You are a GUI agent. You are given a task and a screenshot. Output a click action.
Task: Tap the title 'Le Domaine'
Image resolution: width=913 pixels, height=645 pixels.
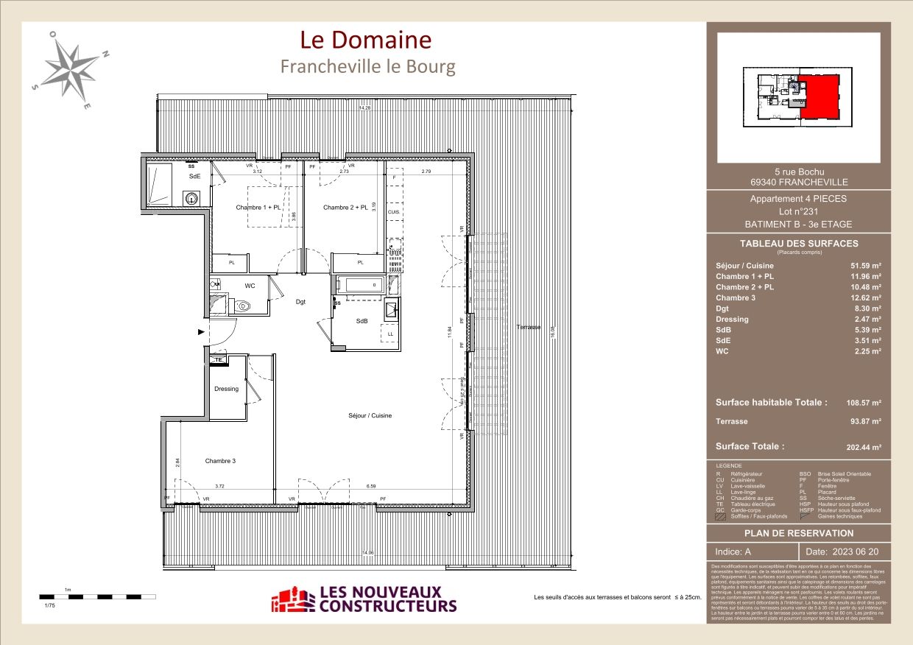point(366,40)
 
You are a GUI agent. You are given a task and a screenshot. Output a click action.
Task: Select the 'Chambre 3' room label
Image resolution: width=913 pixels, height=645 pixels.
point(220,461)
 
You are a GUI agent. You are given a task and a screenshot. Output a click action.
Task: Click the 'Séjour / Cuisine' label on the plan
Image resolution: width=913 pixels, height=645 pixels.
point(370,416)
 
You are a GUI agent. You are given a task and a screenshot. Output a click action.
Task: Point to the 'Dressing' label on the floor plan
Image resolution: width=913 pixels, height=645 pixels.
point(226,389)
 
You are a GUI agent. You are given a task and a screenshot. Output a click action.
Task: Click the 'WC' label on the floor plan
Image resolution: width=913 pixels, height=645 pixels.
point(250,286)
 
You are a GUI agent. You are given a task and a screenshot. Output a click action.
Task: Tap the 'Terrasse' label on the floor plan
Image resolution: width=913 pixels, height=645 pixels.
point(528,327)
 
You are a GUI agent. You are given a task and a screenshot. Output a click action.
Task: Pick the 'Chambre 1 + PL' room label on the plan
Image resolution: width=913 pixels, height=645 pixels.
point(258,208)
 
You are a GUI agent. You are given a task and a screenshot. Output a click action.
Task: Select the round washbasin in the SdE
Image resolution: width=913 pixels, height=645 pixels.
point(192,197)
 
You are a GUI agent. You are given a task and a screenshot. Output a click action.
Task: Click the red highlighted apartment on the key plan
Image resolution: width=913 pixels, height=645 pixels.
point(819,96)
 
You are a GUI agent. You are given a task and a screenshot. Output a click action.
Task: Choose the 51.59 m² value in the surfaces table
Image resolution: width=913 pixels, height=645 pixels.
point(866,266)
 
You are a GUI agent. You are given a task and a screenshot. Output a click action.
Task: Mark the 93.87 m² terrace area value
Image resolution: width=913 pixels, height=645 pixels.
point(866,422)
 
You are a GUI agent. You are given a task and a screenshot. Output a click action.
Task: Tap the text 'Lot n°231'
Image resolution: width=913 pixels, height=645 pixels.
point(798,211)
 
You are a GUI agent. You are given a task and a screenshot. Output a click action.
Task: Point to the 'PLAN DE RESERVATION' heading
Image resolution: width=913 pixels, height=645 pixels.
point(799,533)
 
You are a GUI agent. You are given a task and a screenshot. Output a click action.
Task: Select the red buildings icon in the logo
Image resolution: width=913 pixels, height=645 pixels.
point(292,600)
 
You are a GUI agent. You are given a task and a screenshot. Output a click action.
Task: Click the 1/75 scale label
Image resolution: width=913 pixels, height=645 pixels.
point(49,605)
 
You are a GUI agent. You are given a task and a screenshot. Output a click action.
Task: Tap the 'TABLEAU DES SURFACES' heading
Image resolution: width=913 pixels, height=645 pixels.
point(799,244)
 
